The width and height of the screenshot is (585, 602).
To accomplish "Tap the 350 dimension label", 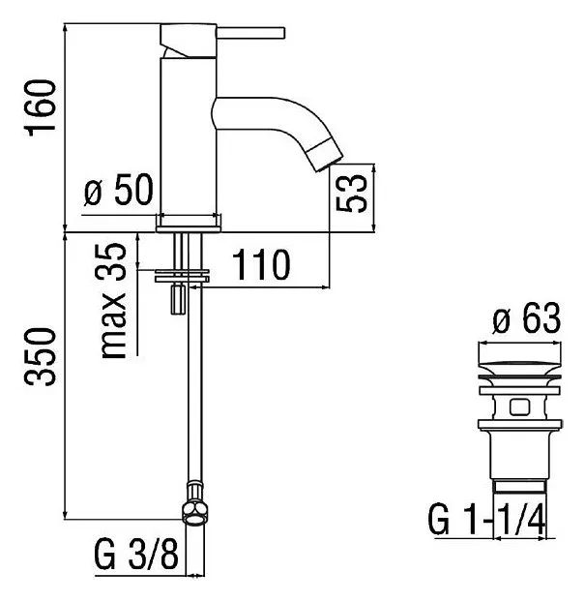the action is point(40,357).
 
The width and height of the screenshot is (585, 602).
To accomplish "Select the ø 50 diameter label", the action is point(119,190).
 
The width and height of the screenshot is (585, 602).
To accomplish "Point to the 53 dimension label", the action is point(351,194).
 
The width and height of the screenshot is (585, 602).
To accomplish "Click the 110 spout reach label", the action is point(261,264).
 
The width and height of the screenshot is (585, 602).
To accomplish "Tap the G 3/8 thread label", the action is point(136,555).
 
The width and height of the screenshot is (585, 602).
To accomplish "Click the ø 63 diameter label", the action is point(527,318).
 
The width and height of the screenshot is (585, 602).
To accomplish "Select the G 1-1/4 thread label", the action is point(486,520).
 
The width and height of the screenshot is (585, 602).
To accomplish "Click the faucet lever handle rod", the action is point(250,33).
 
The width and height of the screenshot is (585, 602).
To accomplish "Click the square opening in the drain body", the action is point(520,407).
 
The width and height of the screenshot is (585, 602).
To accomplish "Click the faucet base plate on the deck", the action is point(189,224).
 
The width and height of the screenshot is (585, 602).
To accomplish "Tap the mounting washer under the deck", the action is point(182,277).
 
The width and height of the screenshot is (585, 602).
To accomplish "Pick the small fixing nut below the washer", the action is point(178,300).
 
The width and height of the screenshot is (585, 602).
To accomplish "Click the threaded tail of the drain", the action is point(520,486).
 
